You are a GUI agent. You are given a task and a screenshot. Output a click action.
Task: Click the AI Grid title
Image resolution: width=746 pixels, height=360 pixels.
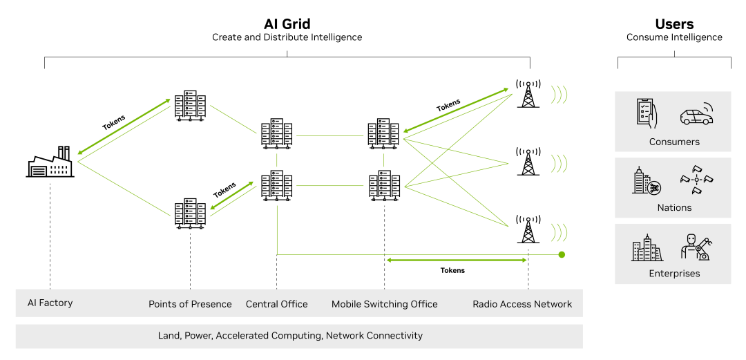click(x=287, y=24)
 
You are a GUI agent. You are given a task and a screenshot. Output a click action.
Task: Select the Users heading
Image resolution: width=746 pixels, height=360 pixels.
click(x=674, y=24)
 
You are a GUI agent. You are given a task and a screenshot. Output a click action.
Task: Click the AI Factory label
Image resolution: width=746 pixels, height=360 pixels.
click(x=50, y=303)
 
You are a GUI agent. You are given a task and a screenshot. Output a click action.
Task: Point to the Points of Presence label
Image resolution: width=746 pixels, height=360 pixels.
click(x=190, y=304)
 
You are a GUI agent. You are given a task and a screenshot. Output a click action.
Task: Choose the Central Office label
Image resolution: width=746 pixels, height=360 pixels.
click(x=277, y=304)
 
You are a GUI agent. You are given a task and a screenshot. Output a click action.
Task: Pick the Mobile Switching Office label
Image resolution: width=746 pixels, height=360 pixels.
click(x=385, y=304)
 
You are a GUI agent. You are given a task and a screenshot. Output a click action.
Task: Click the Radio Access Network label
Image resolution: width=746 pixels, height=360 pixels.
click(x=522, y=304)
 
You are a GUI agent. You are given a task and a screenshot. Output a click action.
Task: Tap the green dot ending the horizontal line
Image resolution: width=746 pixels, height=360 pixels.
click(x=562, y=254)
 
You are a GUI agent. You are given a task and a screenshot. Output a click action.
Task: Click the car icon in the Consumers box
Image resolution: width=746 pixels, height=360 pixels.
click(x=696, y=115)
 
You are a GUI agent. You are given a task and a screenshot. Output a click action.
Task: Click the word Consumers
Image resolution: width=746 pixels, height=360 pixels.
click(x=674, y=142)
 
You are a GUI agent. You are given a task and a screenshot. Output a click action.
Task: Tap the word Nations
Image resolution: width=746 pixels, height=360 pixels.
click(x=674, y=207)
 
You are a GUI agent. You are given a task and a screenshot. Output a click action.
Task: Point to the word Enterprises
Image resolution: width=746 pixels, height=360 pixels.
click(x=674, y=274)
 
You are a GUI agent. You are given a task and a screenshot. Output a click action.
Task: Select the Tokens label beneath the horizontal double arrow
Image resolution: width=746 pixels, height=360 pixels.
click(x=452, y=270)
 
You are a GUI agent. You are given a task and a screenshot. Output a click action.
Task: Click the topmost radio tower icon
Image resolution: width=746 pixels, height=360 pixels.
click(x=528, y=94)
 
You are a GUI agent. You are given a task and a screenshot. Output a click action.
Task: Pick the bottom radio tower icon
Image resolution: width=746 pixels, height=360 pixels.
click(x=528, y=228)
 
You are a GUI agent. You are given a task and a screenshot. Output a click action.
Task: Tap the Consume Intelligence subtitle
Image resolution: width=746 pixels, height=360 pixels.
click(x=674, y=37)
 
